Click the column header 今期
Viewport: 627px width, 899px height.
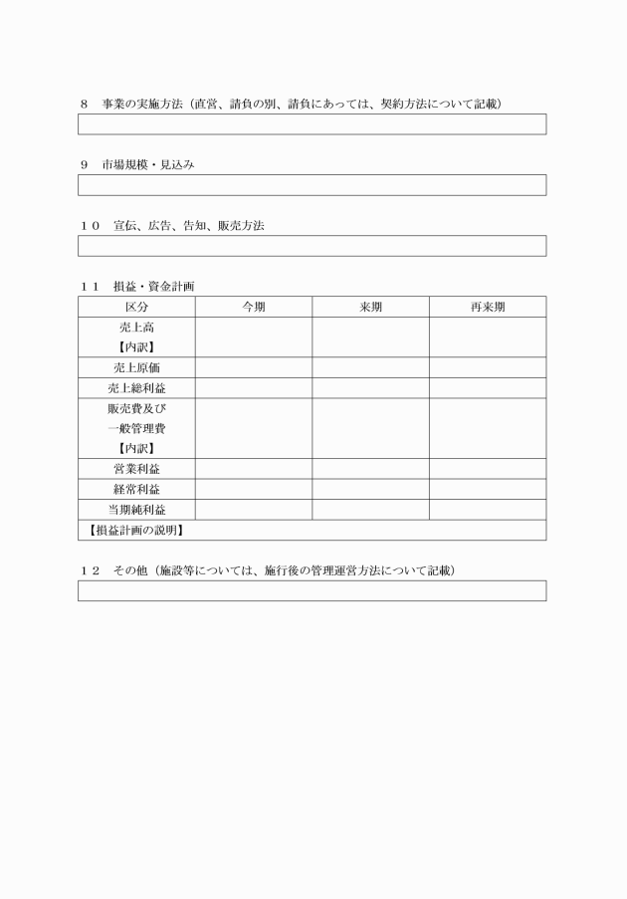pyautogui.click(x=254, y=307)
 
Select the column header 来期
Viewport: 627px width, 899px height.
pyautogui.click(x=370, y=307)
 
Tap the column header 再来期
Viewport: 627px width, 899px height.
pyautogui.click(x=488, y=307)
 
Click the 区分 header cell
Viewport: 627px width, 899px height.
pyautogui.click(x=136, y=307)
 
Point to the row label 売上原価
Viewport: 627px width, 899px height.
pyautogui.click(x=136, y=367)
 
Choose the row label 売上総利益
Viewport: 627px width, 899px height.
pyautogui.click(x=136, y=388)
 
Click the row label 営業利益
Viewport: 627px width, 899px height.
pyautogui.click(x=136, y=469)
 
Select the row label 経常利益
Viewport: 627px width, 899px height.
pyautogui.click(x=136, y=489)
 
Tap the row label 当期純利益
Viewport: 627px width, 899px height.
pyautogui.click(x=136, y=510)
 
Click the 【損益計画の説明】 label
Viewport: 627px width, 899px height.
pyautogui.click(x=133, y=530)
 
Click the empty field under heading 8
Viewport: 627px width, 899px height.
pyautogui.click(x=313, y=124)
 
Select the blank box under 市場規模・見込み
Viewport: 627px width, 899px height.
pyautogui.click(x=313, y=185)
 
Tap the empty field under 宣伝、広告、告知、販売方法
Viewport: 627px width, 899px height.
pyautogui.click(x=313, y=246)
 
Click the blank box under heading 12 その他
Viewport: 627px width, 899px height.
pyautogui.click(x=313, y=590)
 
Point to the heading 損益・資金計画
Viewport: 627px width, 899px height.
pyautogui.click(x=153, y=286)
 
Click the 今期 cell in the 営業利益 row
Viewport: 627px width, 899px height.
pyautogui.click(x=254, y=469)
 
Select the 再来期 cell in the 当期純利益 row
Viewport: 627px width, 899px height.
pyautogui.click(x=488, y=510)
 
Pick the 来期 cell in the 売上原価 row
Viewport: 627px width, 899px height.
pyautogui.click(x=370, y=367)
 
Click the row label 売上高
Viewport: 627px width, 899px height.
pyautogui.click(x=136, y=328)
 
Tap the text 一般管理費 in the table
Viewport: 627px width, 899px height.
pyautogui.click(x=136, y=428)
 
